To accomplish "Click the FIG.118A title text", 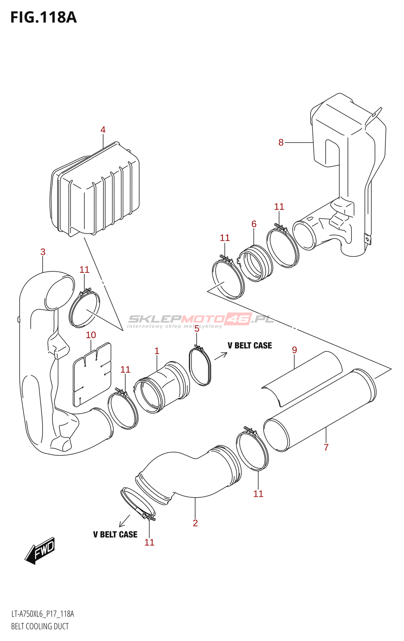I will pyautogui.click(x=43, y=18).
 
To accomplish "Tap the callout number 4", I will pyautogui.click(x=103, y=130).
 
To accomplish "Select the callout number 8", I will pyautogui.click(x=281, y=143).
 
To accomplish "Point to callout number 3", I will pyautogui.click(x=43, y=252).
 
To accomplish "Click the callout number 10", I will pyautogui.click(x=91, y=335).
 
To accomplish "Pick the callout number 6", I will pyautogui.click(x=254, y=224).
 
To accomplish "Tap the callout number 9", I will pyautogui.click(x=295, y=350).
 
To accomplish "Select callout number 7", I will pyautogui.click(x=326, y=447).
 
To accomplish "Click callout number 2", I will pyautogui.click(x=195, y=523).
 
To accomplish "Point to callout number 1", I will pyautogui.click(x=157, y=351).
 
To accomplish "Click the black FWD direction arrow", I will pyautogui.click(x=40, y=551).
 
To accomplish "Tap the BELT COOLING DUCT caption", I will pyautogui.click(x=40, y=626).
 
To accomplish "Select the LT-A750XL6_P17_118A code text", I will pyautogui.click(x=42, y=614).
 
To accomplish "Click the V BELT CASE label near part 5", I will pyautogui.click(x=250, y=345).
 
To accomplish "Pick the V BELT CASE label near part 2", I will pyautogui.click(x=115, y=534).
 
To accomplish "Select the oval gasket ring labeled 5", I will pyautogui.click(x=200, y=367).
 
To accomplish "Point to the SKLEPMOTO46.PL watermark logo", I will pyautogui.click(x=200, y=320).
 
